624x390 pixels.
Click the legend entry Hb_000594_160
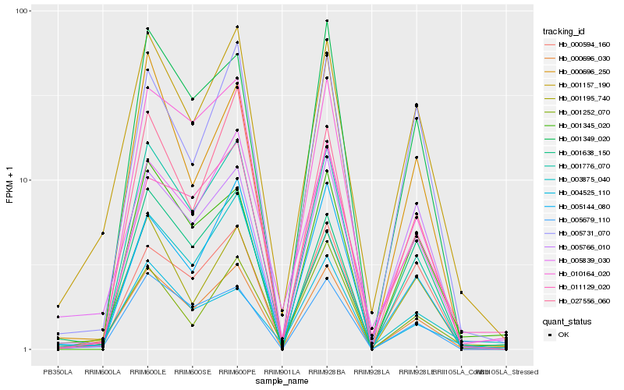(583, 45)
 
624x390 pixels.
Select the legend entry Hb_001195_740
(583, 99)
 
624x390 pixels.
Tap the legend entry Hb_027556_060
(583, 301)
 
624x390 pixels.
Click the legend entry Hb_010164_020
(583, 275)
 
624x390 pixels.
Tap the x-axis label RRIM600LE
(147, 370)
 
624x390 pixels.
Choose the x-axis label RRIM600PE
(237, 370)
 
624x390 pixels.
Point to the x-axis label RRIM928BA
(326, 370)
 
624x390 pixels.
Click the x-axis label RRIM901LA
(282, 370)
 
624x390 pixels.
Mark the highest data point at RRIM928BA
(327, 21)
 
